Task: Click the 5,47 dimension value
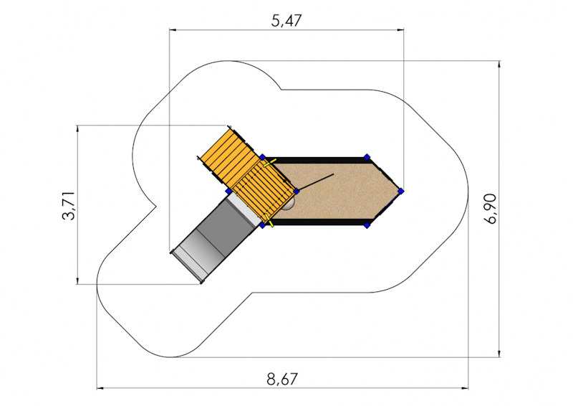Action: (x=286, y=21)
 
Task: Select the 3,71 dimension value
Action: (x=69, y=205)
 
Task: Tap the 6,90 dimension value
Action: (x=490, y=208)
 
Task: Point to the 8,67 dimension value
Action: (x=282, y=379)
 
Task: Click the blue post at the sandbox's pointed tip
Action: (x=401, y=191)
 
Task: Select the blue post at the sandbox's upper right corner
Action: (x=367, y=157)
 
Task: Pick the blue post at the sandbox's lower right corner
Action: (x=367, y=225)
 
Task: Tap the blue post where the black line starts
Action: (x=297, y=191)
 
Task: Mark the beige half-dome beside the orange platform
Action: (x=289, y=204)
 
